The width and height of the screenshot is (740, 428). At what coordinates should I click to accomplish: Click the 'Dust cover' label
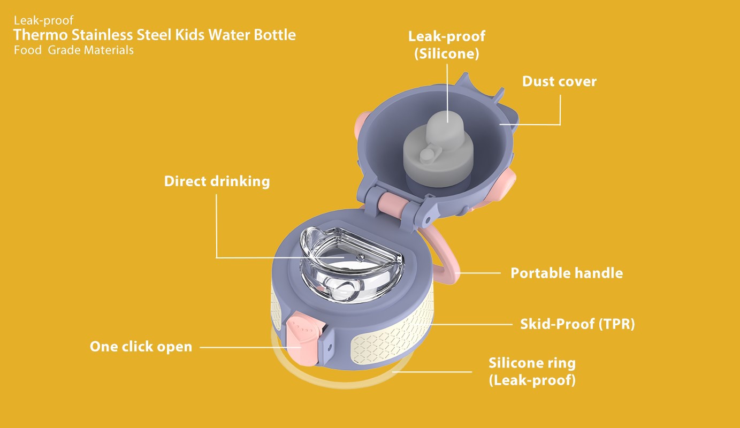(x=559, y=81)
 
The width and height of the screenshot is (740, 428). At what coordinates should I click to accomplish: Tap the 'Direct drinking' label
(x=217, y=181)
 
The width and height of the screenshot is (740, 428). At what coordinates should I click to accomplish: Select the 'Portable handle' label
(x=567, y=273)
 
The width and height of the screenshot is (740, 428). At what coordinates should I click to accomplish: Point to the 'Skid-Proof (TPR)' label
(x=577, y=324)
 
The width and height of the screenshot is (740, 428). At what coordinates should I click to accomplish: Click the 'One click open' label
(x=141, y=347)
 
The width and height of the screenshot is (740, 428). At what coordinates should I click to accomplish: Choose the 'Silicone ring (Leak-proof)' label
(x=532, y=371)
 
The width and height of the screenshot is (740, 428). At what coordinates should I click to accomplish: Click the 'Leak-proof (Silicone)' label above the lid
(x=447, y=45)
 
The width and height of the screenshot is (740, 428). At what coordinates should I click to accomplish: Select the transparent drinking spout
(x=351, y=264)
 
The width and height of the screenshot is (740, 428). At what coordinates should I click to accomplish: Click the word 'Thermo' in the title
(x=41, y=35)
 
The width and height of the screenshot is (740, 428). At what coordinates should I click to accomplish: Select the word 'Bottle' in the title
(x=274, y=35)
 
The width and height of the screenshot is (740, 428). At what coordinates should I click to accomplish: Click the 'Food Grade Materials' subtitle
(x=74, y=50)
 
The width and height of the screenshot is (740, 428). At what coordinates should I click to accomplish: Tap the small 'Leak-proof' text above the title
(x=43, y=20)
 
